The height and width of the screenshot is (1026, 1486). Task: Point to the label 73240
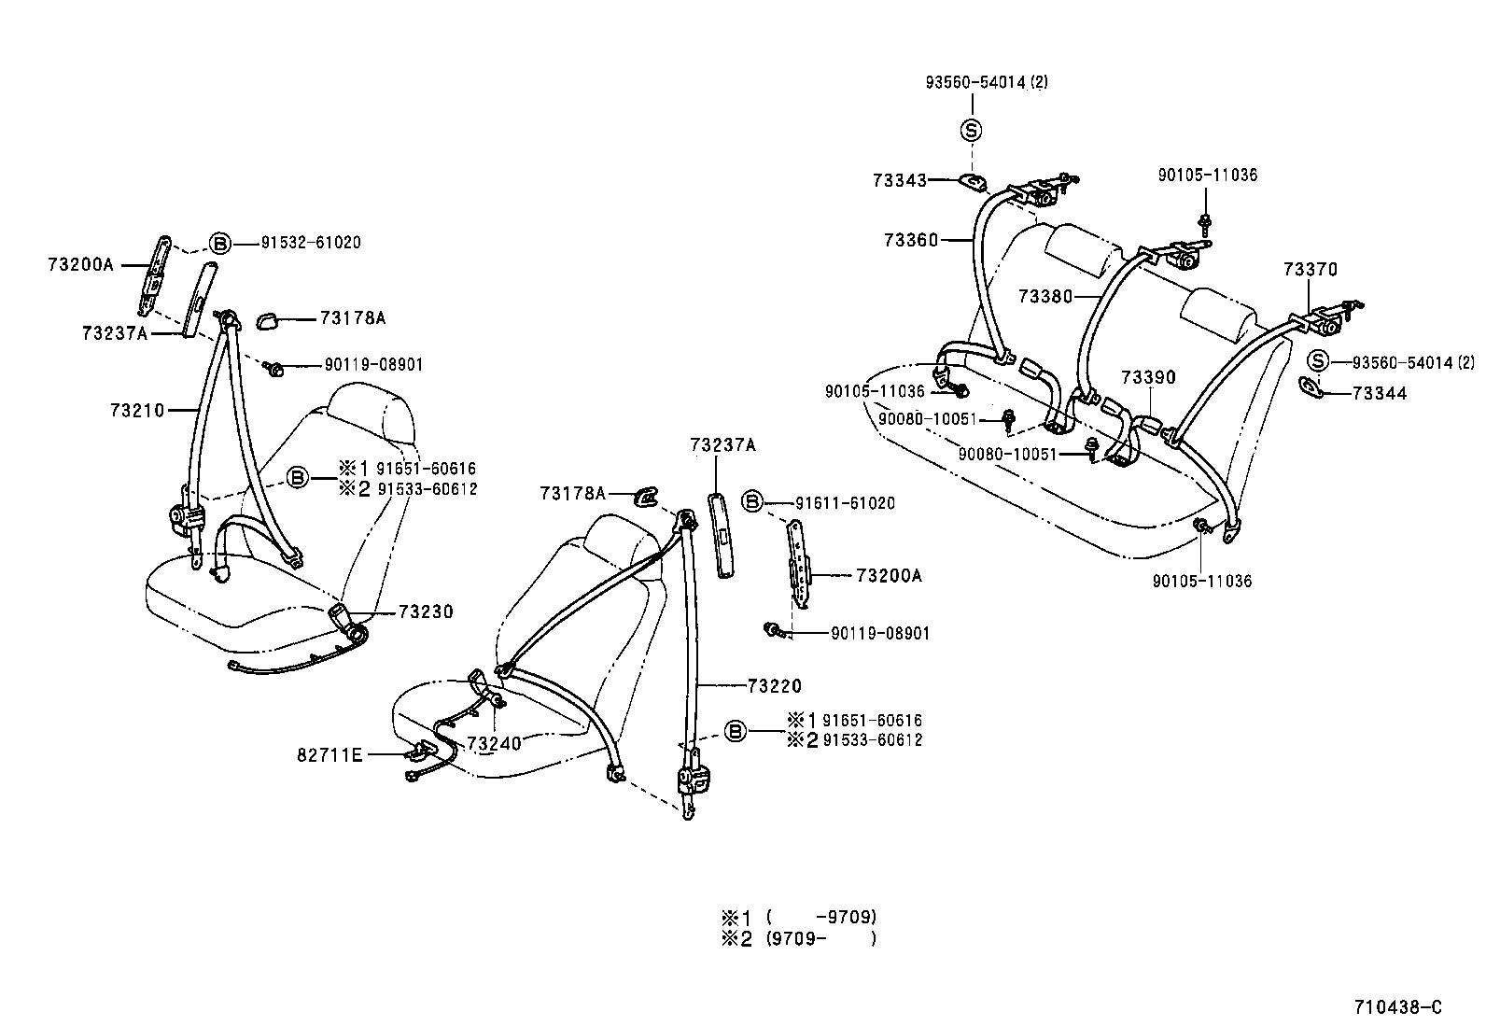coord(494,743)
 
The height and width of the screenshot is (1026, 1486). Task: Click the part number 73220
coord(774,686)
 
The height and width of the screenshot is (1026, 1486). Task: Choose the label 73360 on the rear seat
coord(911,240)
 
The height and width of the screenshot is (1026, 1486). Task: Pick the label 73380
coord(1045,296)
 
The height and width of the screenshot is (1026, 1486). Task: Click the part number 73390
coord(1148,377)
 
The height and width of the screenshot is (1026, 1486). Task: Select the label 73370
coord(1310,270)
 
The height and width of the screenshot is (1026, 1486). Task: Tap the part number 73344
coord(1380,394)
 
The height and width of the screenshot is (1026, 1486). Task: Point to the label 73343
coord(900,180)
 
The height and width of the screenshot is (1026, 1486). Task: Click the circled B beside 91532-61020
coord(219,243)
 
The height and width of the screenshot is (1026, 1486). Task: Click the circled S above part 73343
coord(972,131)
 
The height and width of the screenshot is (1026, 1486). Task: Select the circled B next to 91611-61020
coord(752,503)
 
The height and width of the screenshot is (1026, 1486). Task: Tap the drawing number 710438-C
coord(1398,1007)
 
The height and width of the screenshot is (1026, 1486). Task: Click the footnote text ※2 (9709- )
coord(798,939)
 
